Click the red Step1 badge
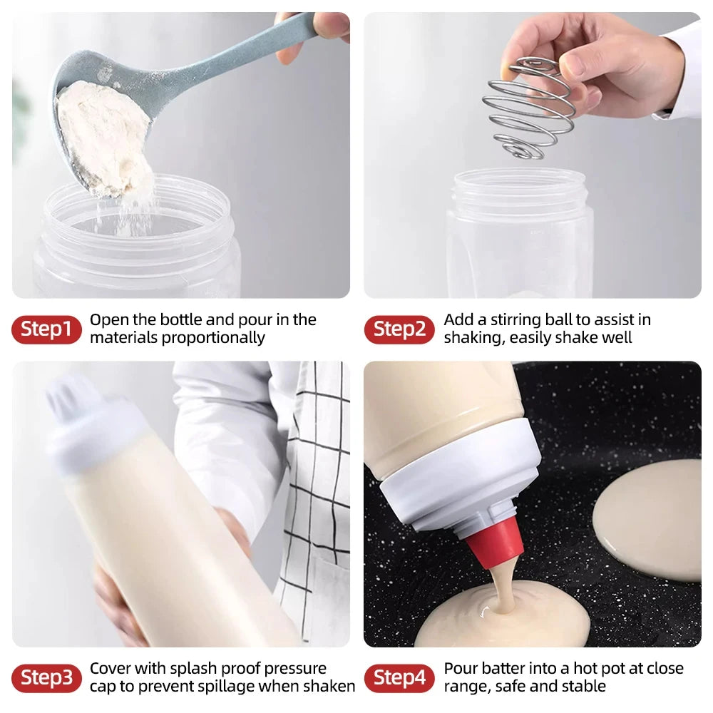[x=46, y=329]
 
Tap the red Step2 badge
[x=399, y=329]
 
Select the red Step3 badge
[x=46, y=678]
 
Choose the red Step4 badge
[x=399, y=678]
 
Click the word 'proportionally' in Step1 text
[x=213, y=338]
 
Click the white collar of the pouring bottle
[x=456, y=485]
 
